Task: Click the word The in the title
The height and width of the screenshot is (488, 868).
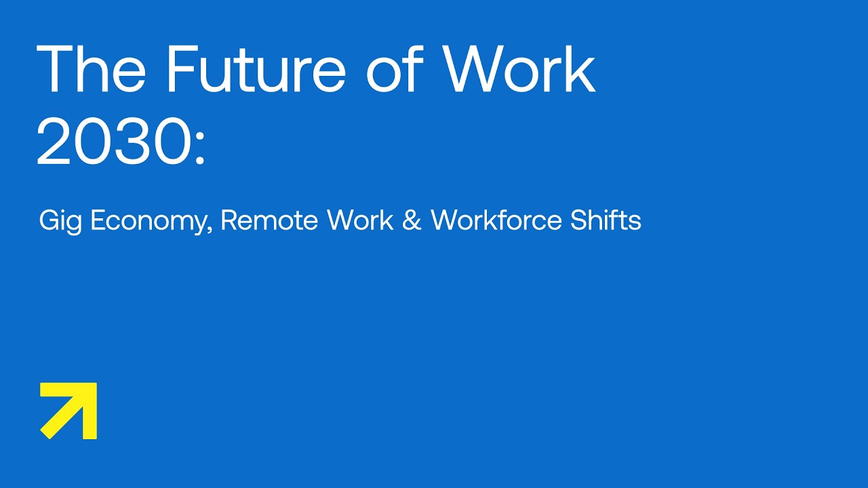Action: tap(91, 69)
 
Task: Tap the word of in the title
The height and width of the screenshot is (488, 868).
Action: tap(395, 69)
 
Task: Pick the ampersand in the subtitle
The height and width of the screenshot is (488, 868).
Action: tap(412, 221)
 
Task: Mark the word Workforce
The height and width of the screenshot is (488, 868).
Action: tap(499, 220)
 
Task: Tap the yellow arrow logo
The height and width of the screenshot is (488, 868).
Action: tap(68, 411)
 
